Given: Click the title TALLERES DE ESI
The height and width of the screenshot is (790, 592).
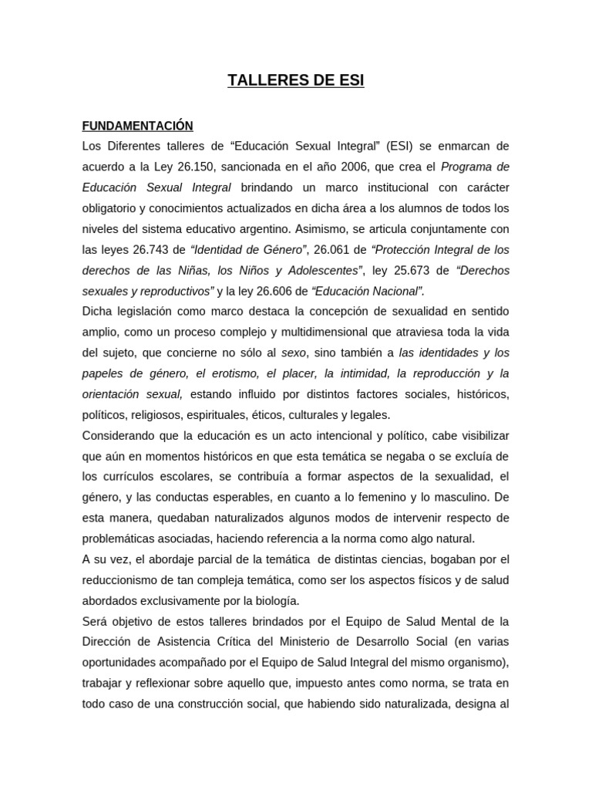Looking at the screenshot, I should click(x=295, y=82).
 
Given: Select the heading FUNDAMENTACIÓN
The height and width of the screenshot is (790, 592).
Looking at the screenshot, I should click(x=137, y=126).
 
